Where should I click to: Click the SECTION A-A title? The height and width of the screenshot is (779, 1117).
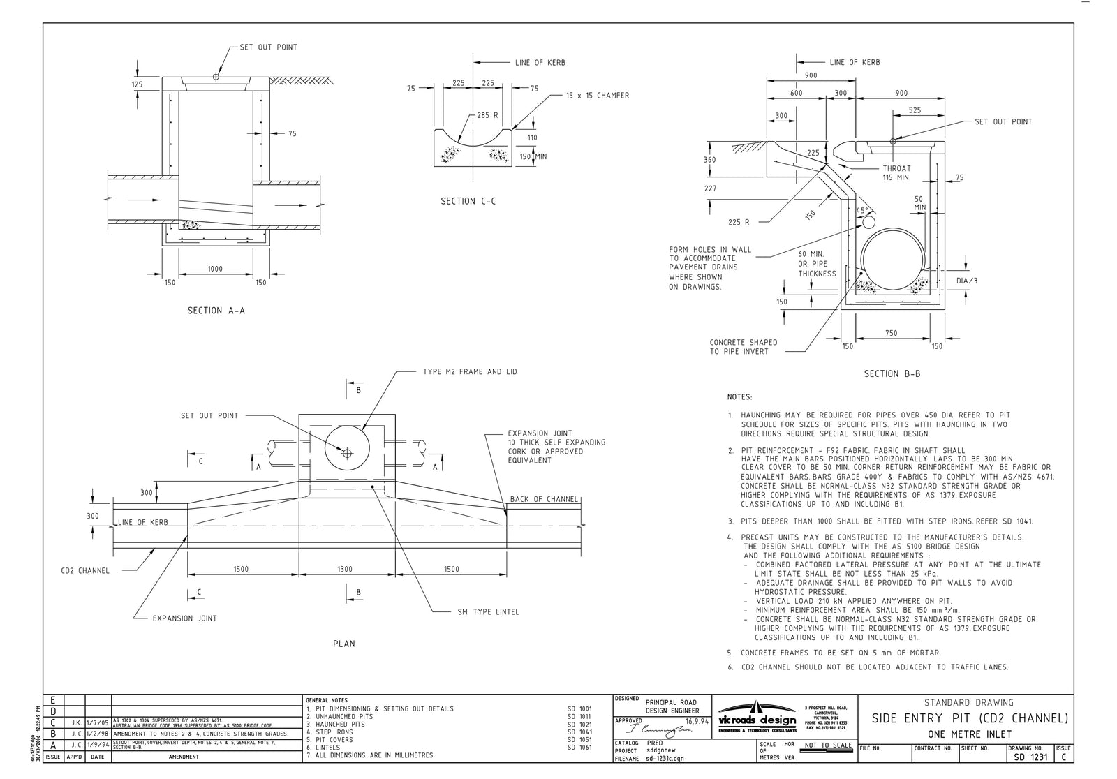216,311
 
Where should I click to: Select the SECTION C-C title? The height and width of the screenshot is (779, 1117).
468,201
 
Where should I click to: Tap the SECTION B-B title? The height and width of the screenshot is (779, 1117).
892,373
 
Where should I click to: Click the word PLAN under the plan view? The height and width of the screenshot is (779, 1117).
343,644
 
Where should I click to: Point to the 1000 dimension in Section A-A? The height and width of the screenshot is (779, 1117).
215,269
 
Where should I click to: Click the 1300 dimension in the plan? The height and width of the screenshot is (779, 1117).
345,569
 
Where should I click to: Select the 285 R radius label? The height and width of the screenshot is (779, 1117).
487,115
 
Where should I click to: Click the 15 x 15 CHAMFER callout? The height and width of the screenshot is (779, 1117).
597,96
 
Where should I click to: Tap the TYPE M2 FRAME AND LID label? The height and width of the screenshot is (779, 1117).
470,372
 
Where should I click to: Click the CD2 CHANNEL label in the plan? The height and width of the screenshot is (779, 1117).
85,571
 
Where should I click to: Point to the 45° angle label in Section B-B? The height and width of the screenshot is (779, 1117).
863,210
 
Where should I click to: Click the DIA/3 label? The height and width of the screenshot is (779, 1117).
967,281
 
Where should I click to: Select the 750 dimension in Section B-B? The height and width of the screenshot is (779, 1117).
891,333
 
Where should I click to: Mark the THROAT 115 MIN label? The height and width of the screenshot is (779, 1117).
896,172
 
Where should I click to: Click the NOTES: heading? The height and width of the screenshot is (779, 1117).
739,397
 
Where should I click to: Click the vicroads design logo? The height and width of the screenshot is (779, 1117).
757,718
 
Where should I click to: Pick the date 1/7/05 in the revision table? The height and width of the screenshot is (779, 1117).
98,723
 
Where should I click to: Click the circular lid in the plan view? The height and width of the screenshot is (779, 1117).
347,452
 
